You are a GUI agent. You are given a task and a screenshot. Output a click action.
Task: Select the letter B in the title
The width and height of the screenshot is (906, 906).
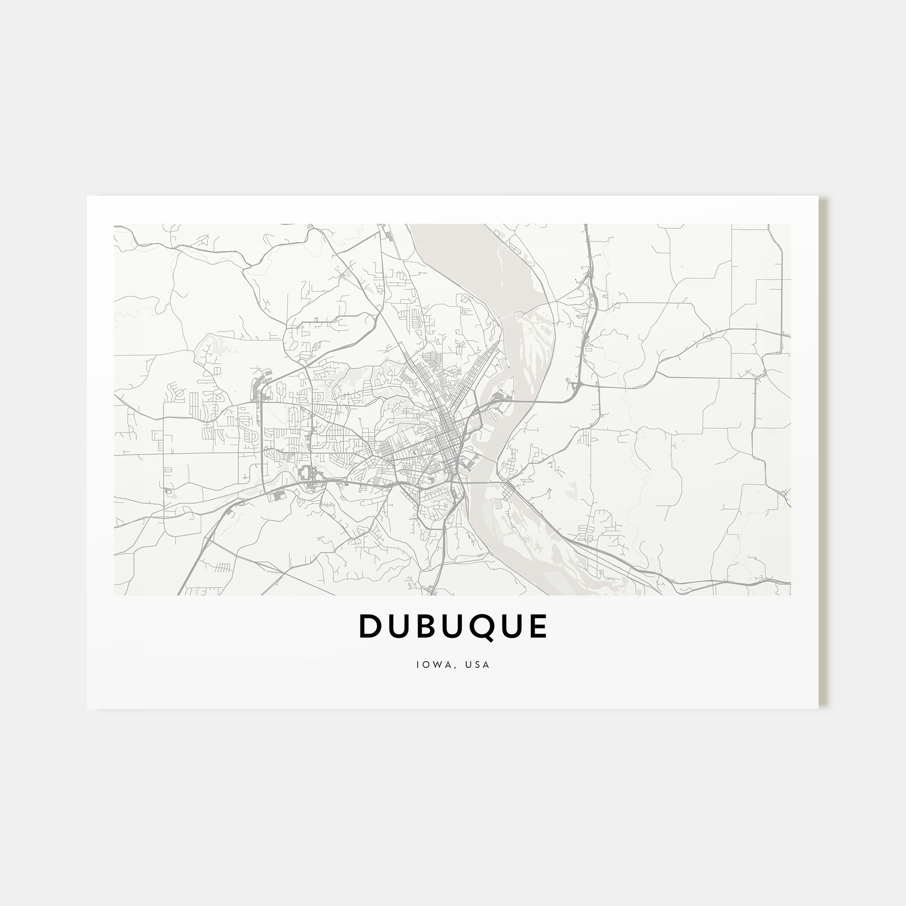(424, 626)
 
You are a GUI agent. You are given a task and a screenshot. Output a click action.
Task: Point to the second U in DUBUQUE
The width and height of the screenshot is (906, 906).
(451, 626)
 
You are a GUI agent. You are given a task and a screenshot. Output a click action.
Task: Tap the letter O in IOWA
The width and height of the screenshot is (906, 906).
(425, 665)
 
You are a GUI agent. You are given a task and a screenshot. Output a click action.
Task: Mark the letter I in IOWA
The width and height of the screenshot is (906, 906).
(417, 665)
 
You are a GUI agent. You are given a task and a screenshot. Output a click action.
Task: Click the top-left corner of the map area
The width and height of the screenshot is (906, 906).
(115, 224)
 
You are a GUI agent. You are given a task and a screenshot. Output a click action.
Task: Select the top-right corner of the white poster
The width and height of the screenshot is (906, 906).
(818, 196)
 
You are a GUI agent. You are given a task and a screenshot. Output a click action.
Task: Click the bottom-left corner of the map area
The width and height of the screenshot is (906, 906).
(115, 595)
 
